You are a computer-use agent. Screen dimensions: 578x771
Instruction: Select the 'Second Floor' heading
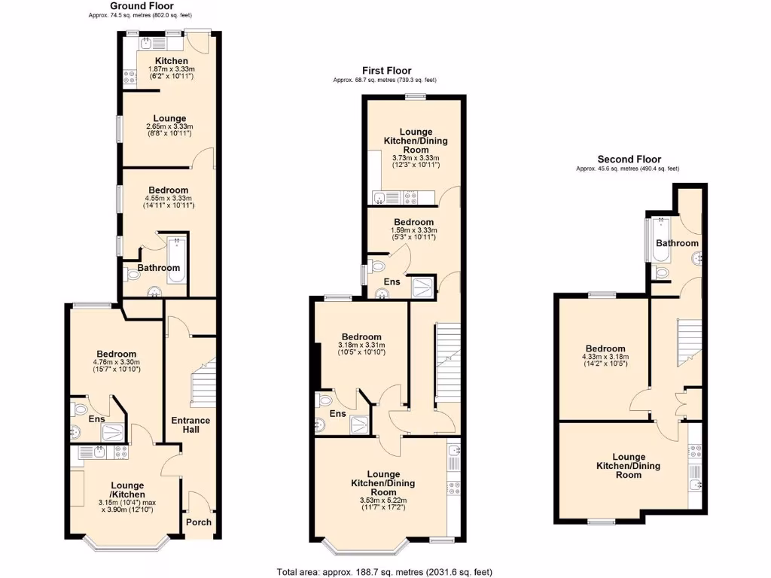tap(629, 159)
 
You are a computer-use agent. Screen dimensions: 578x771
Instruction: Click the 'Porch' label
tap(199, 522)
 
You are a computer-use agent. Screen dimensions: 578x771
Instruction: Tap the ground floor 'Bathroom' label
tap(158, 268)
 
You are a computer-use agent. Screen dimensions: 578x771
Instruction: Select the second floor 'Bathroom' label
tap(676, 243)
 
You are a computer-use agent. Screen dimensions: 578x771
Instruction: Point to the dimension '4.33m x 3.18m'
tap(605, 357)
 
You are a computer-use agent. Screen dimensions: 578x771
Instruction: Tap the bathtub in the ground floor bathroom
tap(178, 260)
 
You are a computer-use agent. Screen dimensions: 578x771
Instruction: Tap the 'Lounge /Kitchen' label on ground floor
tap(127, 490)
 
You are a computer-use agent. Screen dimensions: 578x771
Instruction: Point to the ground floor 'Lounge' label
tap(169, 118)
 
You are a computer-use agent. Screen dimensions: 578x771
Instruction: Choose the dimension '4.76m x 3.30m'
tap(116, 363)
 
